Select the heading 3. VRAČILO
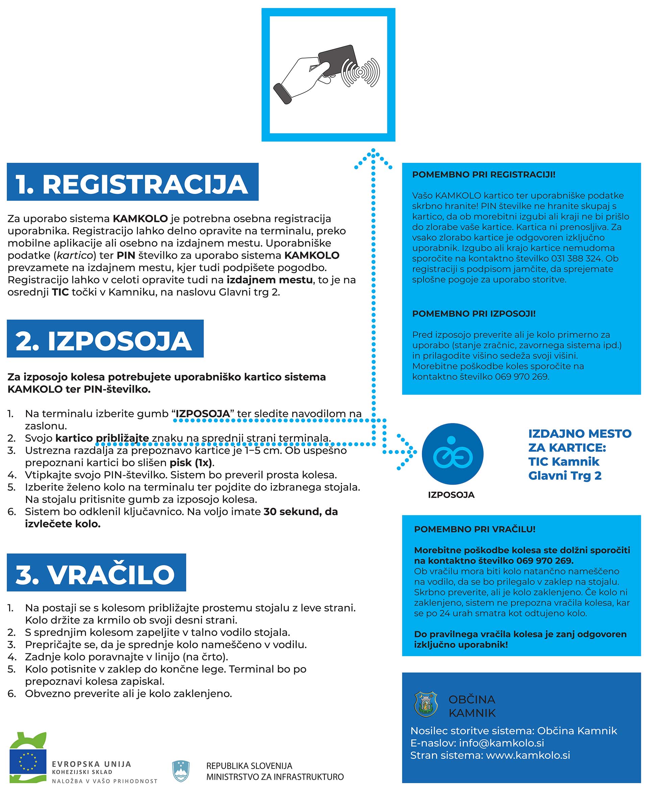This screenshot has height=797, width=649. tap(96, 574)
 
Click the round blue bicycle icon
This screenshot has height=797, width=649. tap(452, 454)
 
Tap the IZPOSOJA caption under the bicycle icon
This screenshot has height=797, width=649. tap(451, 495)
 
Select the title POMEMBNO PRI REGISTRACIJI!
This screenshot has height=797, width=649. tap(483, 174)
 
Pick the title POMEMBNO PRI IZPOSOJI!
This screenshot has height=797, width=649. tap(474, 314)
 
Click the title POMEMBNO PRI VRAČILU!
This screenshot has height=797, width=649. tap(475, 529)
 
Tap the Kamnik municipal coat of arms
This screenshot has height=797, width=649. tap(426, 704)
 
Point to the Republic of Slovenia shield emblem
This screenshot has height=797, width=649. tap(181, 771)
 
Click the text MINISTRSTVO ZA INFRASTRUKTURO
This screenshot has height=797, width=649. tap(275, 777)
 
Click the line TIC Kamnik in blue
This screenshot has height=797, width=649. tap(563, 462)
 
